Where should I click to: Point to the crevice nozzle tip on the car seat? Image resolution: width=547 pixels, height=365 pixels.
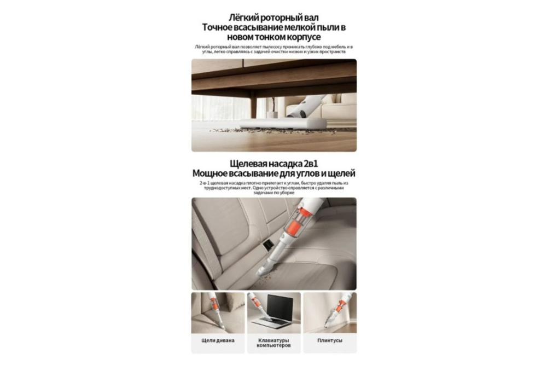[265, 270]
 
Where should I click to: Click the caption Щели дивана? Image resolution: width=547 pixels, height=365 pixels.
[218, 340]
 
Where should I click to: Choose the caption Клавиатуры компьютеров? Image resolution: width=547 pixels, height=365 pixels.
[273, 343]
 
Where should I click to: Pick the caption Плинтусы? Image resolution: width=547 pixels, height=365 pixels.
[329, 340]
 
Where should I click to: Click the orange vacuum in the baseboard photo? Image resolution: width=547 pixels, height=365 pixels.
[335, 306]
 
